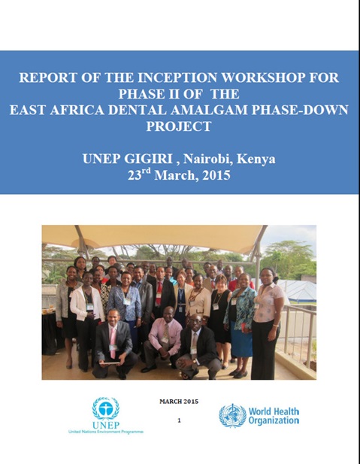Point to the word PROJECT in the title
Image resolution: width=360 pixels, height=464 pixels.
click(x=180, y=126)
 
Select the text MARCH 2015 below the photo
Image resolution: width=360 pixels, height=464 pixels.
click(x=178, y=402)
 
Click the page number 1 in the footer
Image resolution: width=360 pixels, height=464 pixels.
click(x=179, y=420)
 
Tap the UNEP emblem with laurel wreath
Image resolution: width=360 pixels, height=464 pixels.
click(x=105, y=411)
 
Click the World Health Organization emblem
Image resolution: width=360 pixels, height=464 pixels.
click(x=233, y=415)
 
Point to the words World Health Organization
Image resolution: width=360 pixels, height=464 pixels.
click(x=274, y=416)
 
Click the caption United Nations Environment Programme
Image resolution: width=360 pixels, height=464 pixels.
click(x=105, y=432)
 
